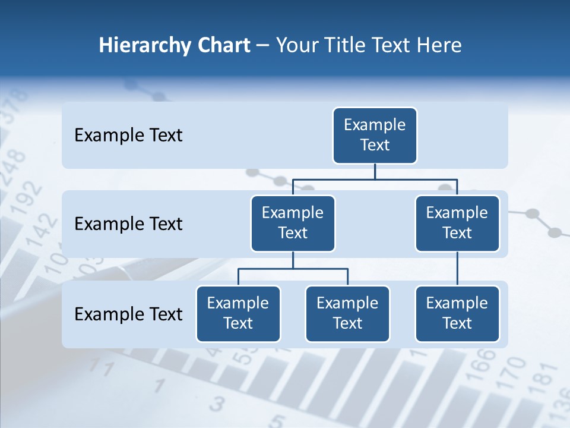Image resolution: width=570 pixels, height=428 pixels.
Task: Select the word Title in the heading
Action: pyautogui.click(x=345, y=45)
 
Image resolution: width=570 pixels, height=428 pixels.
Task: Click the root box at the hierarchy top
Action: pyautogui.click(x=375, y=135)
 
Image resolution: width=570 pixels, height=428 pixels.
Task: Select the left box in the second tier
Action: pyautogui.click(x=293, y=223)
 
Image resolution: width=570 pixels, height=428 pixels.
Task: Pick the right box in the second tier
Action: pyautogui.click(x=457, y=223)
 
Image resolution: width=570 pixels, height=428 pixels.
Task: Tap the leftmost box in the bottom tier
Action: pyautogui.click(x=238, y=313)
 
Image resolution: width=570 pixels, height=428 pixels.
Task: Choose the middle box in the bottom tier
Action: pyautogui.click(x=347, y=313)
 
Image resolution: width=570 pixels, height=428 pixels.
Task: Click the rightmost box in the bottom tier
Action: pyautogui.click(x=457, y=313)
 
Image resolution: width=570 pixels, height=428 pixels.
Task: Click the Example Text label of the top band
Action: pyautogui.click(x=128, y=135)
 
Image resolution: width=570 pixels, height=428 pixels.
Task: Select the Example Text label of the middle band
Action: pyautogui.click(x=128, y=224)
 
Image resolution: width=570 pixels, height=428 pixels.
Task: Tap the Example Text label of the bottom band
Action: pyautogui.click(x=128, y=314)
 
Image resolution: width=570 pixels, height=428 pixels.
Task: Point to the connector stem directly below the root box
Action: pyautogui.click(x=375, y=171)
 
